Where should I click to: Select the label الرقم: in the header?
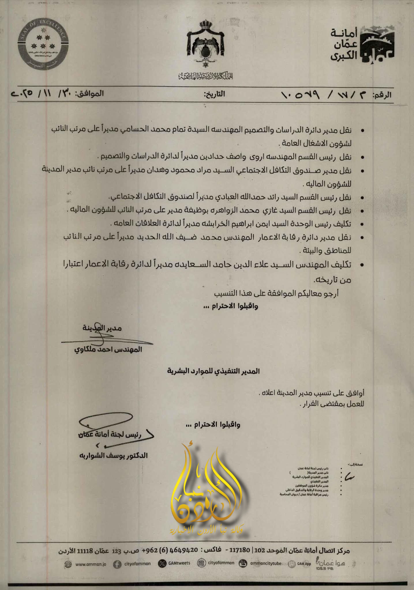pyautogui.click(x=382, y=95)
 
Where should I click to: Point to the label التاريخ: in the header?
pyautogui.click(x=214, y=94)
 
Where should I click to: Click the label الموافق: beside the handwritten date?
pyautogui.click(x=89, y=94)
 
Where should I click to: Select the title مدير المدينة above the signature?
pyautogui.click(x=102, y=328)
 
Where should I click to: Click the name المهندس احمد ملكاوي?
pyautogui.click(x=108, y=349)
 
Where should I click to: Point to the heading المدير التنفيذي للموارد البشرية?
pyautogui.click(x=213, y=371)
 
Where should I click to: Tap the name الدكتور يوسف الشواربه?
pyautogui.click(x=113, y=455)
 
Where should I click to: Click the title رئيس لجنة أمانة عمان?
pyautogui.click(x=110, y=434)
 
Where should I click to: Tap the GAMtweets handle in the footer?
pyautogui.click(x=179, y=563)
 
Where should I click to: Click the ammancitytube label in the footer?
pyautogui.click(x=266, y=563)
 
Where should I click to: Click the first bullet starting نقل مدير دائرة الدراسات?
pyautogui.click(x=202, y=130)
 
